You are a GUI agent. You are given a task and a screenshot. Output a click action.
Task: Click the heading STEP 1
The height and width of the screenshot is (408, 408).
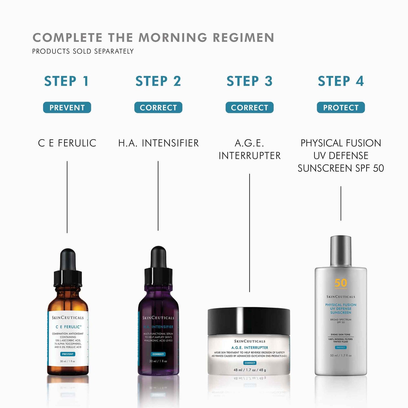(67, 81)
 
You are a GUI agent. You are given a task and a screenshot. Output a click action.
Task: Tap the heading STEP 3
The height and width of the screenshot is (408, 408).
(249, 81)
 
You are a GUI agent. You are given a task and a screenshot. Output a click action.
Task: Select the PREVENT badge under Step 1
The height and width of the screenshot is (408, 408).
(67, 108)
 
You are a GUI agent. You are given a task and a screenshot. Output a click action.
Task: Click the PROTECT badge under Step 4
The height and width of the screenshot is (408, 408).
(341, 108)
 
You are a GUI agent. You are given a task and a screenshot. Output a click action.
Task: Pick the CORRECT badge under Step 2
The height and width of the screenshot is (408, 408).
(158, 108)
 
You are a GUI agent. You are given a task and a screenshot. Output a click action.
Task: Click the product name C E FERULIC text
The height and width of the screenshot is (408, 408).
(67, 143)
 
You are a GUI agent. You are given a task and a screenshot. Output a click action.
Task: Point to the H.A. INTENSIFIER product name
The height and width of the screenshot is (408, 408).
(158, 143)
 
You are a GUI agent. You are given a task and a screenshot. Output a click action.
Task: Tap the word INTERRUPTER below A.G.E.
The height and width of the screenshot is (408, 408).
(249, 156)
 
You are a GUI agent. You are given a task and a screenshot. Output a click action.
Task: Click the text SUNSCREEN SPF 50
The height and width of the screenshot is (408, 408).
(341, 168)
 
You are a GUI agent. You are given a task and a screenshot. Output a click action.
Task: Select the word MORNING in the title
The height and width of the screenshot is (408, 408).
(173, 38)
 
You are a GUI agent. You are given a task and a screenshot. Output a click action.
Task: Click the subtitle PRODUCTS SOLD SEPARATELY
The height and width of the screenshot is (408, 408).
(83, 51)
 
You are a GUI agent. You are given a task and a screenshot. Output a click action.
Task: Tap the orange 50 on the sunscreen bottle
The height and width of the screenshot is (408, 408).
(341, 283)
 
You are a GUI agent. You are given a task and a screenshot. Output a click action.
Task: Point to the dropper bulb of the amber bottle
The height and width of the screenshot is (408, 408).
(68, 259)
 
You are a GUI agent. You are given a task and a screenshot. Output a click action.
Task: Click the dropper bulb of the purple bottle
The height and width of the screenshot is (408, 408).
(158, 257)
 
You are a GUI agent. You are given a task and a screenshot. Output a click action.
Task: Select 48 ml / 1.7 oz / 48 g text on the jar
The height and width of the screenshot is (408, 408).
(250, 370)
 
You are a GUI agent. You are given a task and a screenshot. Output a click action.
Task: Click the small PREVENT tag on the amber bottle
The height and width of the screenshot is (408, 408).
(68, 354)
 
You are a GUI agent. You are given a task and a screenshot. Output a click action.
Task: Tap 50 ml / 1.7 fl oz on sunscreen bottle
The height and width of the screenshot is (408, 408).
(341, 355)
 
